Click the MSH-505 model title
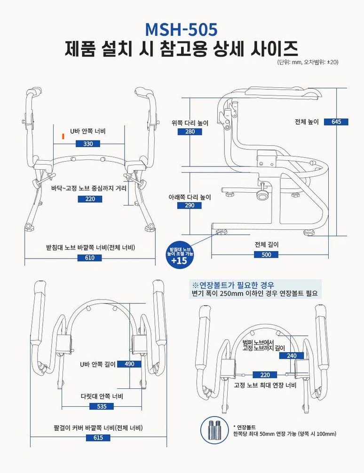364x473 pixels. click(182, 29)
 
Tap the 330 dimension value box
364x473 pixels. click(88, 143)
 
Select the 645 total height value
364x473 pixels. click(336, 122)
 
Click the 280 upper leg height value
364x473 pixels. click(190, 132)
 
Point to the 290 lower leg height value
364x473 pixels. click(189, 205)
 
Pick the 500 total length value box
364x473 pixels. click(266, 254)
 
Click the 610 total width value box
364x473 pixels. click(90, 258)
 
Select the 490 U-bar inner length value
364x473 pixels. click(129, 364)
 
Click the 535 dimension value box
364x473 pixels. click(102, 406)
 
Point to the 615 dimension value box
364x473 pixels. click(98, 437)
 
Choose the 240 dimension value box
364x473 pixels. click(292, 355)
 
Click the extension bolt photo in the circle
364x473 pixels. click(214, 430)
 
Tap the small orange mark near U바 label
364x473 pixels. click(63, 136)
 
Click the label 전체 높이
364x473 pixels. click(307, 122)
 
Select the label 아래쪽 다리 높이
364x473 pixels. click(190, 197)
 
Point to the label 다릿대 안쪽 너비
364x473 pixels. click(102, 396)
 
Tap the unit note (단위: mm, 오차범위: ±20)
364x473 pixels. click(308, 62)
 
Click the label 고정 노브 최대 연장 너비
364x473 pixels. click(265, 385)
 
